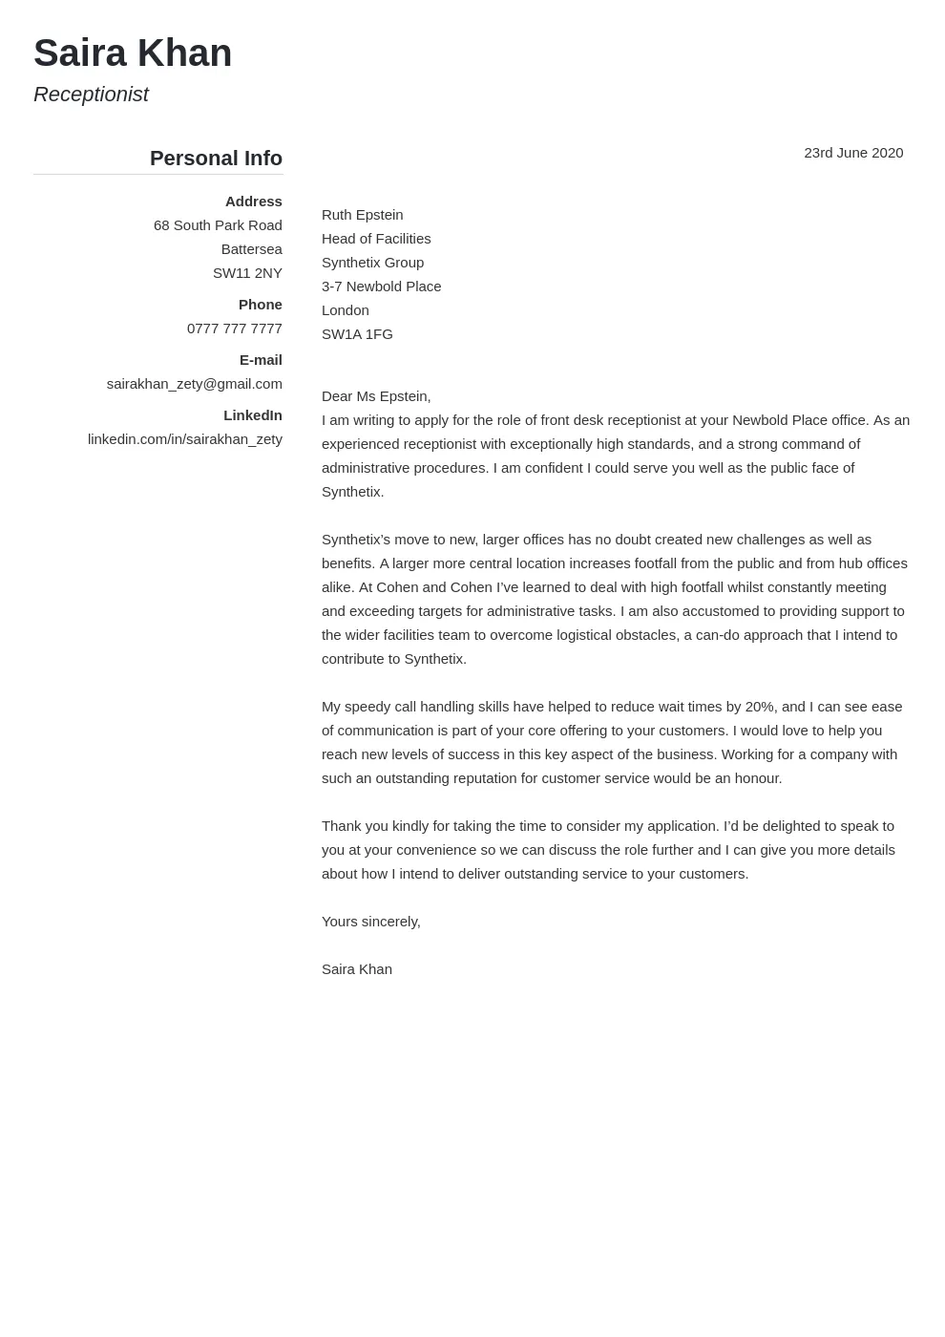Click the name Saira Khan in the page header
tap(133, 53)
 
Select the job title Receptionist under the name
tap(91, 95)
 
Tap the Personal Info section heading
tap(216, 159)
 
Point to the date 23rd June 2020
tap(853, 153)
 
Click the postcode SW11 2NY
tap(247, 273)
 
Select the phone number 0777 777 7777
tap(234, 329)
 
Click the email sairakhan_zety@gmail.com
tap(194, 384)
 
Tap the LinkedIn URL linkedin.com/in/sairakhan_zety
tap(184, 439)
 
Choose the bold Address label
tap(253, 202)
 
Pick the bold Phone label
tap(260, 305)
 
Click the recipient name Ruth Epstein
tap(362, 215)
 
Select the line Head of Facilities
tap(376, 239)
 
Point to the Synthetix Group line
tap(372, 263)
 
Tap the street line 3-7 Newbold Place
tap(381, 286)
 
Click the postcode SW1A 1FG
tap(357, 334)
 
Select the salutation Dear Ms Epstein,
tap(376, 396)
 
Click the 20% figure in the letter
tap(760, 707)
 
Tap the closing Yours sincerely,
tap(370, 922)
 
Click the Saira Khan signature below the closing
tap(356, 969)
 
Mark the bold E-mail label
tap(261, 360)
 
